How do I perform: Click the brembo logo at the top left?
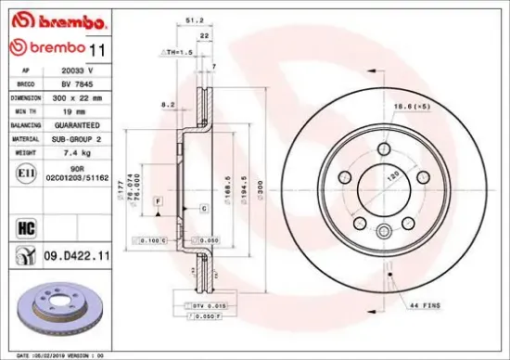point(46,18)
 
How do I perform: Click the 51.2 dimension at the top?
point(195,18)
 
